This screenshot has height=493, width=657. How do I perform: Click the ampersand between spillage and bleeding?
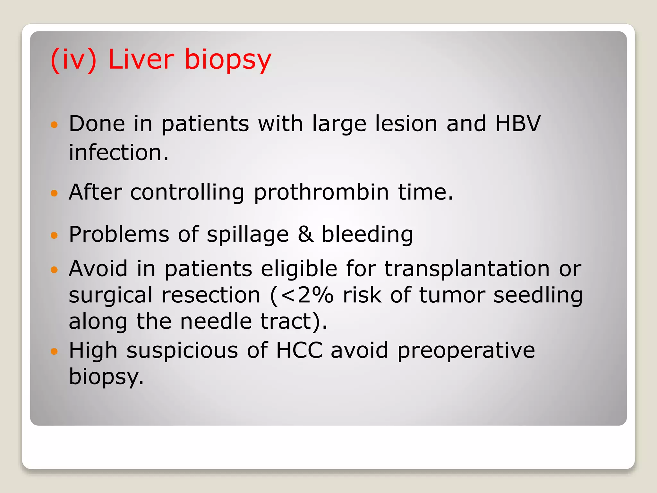305,234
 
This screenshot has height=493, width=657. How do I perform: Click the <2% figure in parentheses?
307,295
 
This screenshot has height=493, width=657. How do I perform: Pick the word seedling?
538,296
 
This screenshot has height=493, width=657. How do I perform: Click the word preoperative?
466,350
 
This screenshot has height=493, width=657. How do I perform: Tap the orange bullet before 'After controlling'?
54,193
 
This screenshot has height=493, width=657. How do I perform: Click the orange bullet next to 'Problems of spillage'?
54,235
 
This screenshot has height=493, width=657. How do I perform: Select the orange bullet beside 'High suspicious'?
54,351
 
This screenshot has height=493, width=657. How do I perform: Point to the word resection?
211,295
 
